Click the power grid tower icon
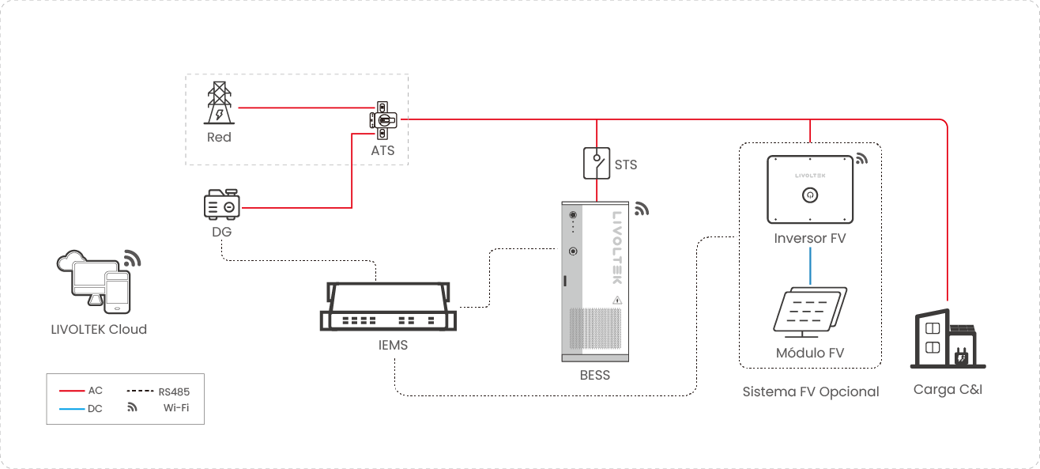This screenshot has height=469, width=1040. (x=219, y=103)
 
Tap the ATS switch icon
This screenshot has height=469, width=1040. (x=383, y=120)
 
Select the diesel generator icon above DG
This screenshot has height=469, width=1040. (x=222, y=204)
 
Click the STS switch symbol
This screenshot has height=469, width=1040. (x=597, y=163)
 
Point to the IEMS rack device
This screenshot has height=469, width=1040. (x=388, y=306)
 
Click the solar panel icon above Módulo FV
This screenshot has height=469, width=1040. (x=810, y=312)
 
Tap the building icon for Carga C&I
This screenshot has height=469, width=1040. (x=948, y=339)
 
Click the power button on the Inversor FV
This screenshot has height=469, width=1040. (x=810, y=195)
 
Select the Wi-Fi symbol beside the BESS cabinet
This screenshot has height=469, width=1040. (x=642, y=209)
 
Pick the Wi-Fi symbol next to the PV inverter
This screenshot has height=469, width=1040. (x=861, y=158)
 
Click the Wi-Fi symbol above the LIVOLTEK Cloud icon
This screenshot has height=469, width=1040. (x=132, y=259)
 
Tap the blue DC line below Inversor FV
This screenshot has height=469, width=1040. (x=810, y=266)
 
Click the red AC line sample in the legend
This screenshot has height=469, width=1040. (x=72, y=391)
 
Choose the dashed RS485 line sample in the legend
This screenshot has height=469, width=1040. (x=140, y=391)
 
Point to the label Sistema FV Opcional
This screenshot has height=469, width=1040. (x=811, y=391)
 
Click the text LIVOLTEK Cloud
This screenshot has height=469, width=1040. (x=99, y=330)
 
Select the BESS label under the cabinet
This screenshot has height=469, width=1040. (x=595, y=375)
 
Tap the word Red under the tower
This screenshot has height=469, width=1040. (x=219, y=137)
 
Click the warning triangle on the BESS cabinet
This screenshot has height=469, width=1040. (x=617, y=301)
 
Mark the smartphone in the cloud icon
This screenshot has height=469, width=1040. (x=118, y=293)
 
